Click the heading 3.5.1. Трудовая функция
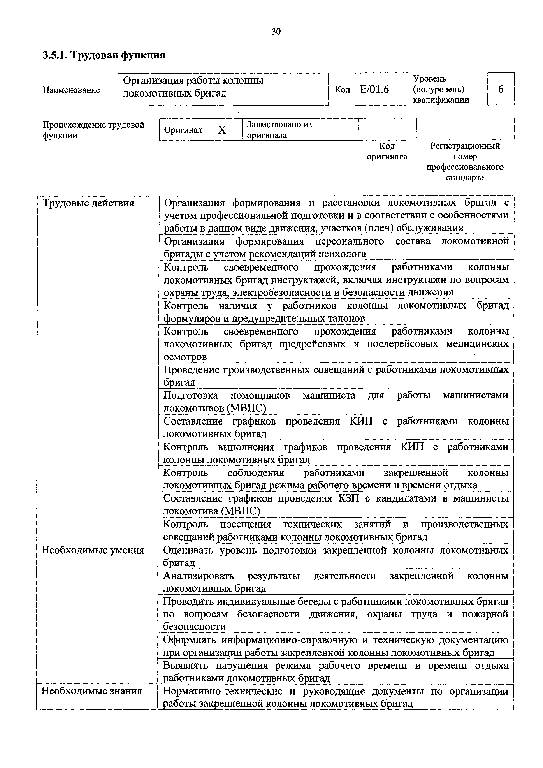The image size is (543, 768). (104, 55)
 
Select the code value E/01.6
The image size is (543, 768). (374, 89)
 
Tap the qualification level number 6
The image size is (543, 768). (501, 89)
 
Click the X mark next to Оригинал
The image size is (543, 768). (222, 130)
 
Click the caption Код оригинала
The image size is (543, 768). (387, 151)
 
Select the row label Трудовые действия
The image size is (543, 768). (89, 203)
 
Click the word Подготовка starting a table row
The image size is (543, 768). (191, 395)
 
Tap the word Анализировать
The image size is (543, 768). (198, 576)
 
